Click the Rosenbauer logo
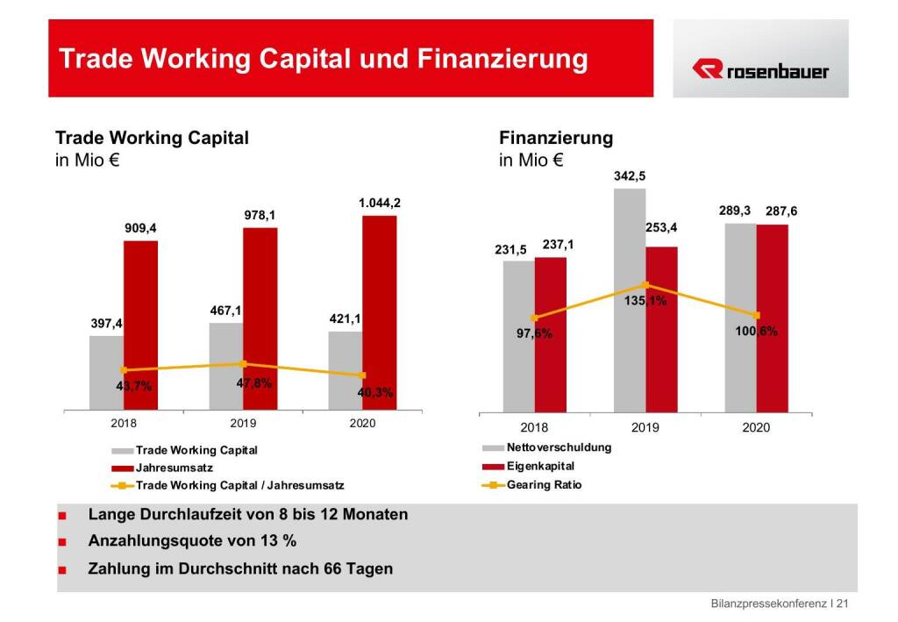click(759, 69)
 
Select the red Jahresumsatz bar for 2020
click(379, 312)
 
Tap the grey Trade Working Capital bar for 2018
click(106, 372)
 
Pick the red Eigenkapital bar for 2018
click(551, 333)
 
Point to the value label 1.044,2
click(379, 203)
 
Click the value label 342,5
click(630, 176)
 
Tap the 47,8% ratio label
click(254, 383)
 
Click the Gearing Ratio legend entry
click(544, 484)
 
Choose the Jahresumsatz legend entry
click(175, 468)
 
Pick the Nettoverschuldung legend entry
click(559, 447)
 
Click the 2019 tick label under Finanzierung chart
click(645, 428)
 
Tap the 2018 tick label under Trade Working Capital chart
click(124, 424)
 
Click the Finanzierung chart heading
click(556, 138)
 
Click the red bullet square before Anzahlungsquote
click(62, 543)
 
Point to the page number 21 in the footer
click(843, 604)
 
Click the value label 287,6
click(780, 211)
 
